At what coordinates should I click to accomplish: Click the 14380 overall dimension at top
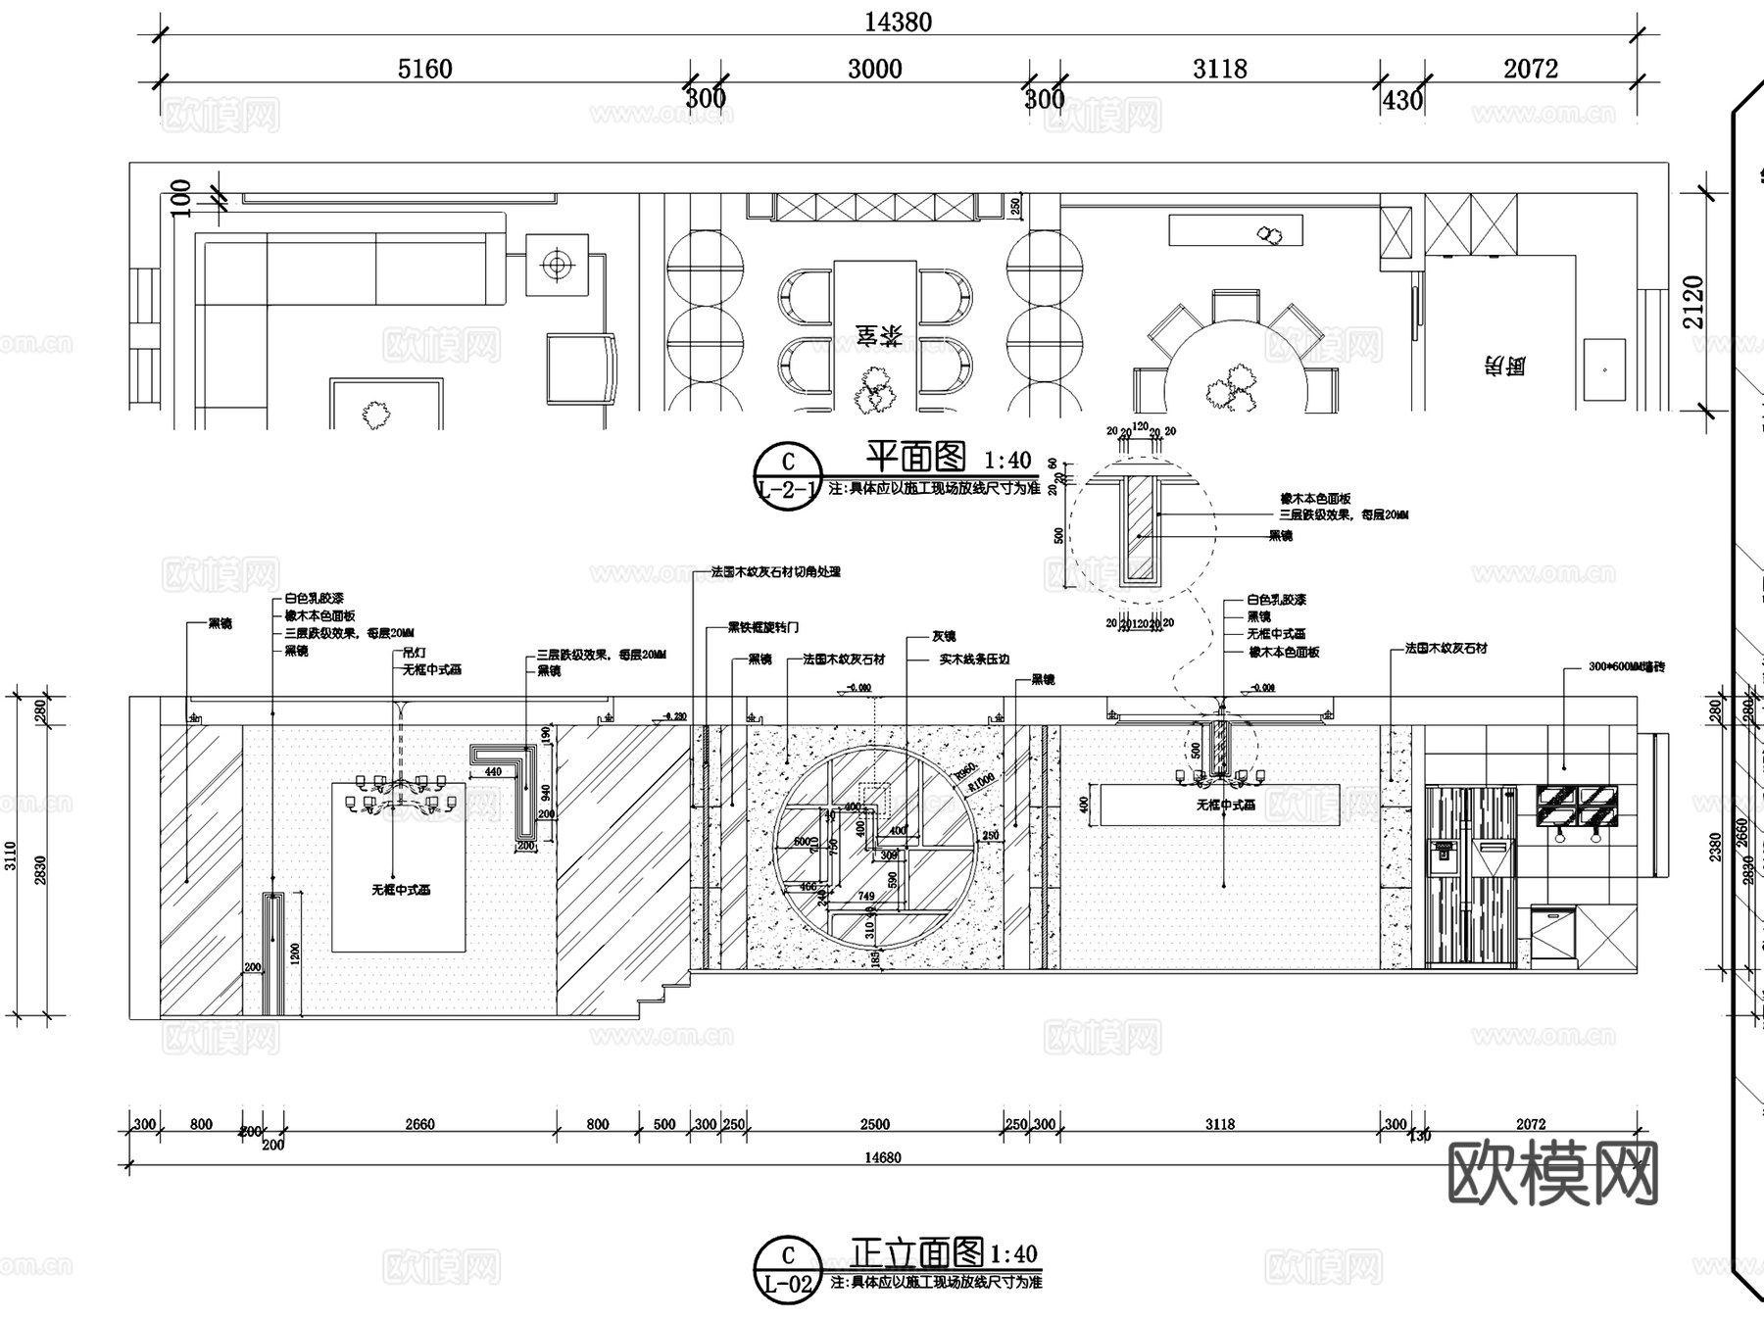click(898, 22)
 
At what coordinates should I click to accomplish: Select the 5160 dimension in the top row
click(424, 69)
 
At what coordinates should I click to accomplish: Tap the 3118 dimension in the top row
click(1219, 69)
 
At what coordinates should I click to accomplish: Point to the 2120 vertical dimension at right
click(1693, 302)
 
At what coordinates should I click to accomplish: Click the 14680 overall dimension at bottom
click(882, 1157)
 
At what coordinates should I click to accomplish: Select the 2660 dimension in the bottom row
click(419, 1124)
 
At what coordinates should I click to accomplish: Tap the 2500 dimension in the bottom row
click(874, 1124)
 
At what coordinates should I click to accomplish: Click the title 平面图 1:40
click(947, 458)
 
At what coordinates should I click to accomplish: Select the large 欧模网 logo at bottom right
click(1552, 1173)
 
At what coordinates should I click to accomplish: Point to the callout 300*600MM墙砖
click(1626, 667)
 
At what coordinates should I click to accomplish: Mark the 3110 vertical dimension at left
click(11, 856)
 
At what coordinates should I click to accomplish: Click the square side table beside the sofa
click(557, 265)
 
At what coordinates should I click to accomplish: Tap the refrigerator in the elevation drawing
click(1470, 875)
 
